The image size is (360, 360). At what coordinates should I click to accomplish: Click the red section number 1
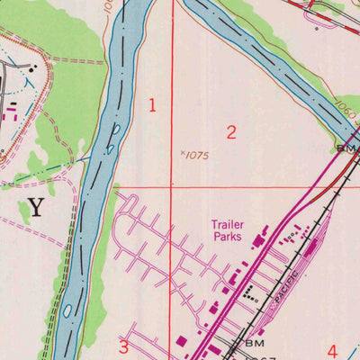tap(152, 105)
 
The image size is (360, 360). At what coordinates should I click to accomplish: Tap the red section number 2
tap(231, 133)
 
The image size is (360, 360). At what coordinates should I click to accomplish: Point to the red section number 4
tap(332, 351)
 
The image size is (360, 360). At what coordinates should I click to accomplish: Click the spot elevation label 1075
tap(197, 156)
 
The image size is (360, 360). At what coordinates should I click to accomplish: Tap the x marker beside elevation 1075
tap(183, 154)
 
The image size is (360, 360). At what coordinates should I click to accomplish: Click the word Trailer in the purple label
tap(229, 225)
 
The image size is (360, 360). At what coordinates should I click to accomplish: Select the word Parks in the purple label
tap(228, 238)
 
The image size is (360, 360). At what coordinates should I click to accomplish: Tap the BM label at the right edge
tap(346, 147)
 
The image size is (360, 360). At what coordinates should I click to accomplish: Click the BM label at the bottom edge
tap(255, 344)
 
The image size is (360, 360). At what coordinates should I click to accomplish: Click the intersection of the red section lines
tap(173, 188)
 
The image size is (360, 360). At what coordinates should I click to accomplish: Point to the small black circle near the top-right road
tap(317, 29)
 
